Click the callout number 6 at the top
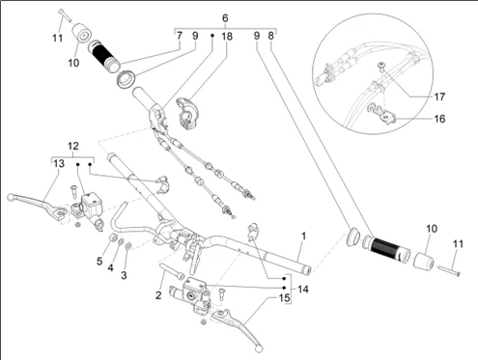(x=225, y=18)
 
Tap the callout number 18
(x=227, y=37)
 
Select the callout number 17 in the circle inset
(x=439, y=97)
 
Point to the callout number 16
(x=439, y=119)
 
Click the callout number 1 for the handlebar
(x=303, y=236)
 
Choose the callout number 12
(x=73, y=147)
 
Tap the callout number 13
(x=59, y=164)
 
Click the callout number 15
(x=284, y=298)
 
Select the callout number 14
(x=303, y=290)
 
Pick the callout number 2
(x=158, y=295)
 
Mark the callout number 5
(x=99, y=262)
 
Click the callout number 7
(x=180, y=36)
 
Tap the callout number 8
(x=270, y=36)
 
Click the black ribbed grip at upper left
(x=104, y=56)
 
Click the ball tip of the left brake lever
(x=11, y=196)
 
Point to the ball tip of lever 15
(x=259, y=348)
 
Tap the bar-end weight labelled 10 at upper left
(x=81, y=33)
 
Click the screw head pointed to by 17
(x=381, y=66)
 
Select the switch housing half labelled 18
(x=188, y=114)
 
